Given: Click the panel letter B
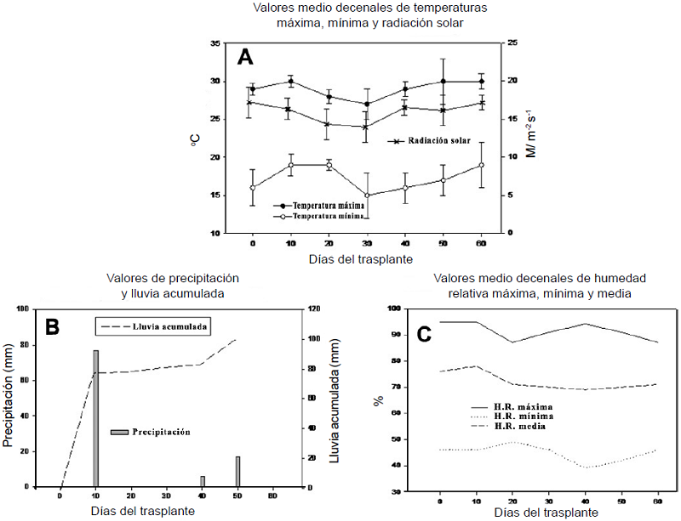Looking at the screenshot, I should tap(50, 325).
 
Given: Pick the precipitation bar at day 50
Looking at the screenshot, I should tap(237, 472).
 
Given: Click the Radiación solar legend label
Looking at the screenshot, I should tap(439, 141).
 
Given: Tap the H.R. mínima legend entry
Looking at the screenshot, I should tap(520, 416).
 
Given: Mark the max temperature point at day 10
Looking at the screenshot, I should tap(290, 82).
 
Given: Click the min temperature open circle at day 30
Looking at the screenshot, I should tap(367, 195).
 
